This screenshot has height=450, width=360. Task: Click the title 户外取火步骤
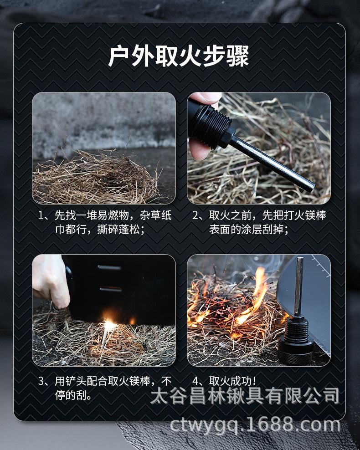pos(178,56)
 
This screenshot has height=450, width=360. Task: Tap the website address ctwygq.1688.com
pos(255,425)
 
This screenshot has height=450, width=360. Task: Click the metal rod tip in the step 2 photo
pos(310,187)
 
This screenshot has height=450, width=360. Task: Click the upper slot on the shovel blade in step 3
pos(109,268)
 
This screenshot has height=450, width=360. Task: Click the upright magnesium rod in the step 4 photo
pos(299,286)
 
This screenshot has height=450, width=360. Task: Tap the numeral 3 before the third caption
pos(41,381)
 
